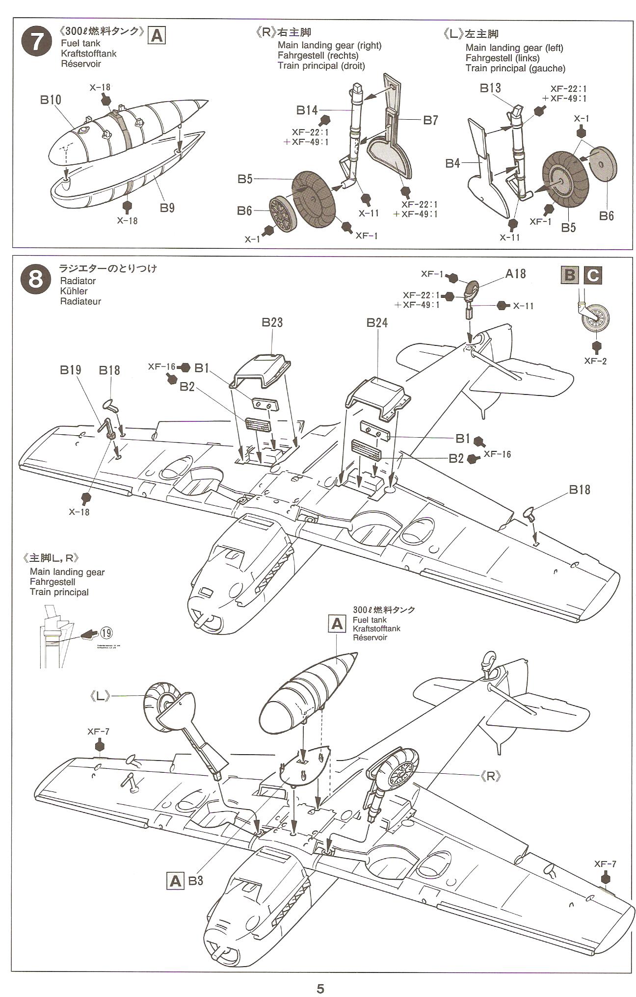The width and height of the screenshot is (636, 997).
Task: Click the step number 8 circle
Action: pos(36,280)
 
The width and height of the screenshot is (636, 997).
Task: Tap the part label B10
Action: pos(51,100)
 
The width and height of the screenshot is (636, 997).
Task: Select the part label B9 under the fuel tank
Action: pos(167,208)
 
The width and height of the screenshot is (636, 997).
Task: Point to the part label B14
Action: pos(307,110)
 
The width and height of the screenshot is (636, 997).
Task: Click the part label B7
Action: pos(430,120)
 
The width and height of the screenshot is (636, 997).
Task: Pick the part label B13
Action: pos(490,88)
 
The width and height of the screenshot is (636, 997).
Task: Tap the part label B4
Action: pos(453,163)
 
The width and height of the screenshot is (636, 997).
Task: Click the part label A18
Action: pos(515,274)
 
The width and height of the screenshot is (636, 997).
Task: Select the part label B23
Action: pos(272,322)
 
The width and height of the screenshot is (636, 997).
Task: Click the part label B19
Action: pos(71,370)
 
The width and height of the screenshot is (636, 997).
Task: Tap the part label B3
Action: pos(195,881)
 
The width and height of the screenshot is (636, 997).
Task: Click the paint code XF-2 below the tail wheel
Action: pos(596,361)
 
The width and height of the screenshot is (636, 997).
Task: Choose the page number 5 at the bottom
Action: pos(320,988)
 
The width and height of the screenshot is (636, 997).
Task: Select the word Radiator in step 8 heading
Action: pos(78,281)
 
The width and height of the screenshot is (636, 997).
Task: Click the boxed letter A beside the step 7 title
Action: pos(157,36)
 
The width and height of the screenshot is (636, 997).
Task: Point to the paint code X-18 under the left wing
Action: pos(79,512)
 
